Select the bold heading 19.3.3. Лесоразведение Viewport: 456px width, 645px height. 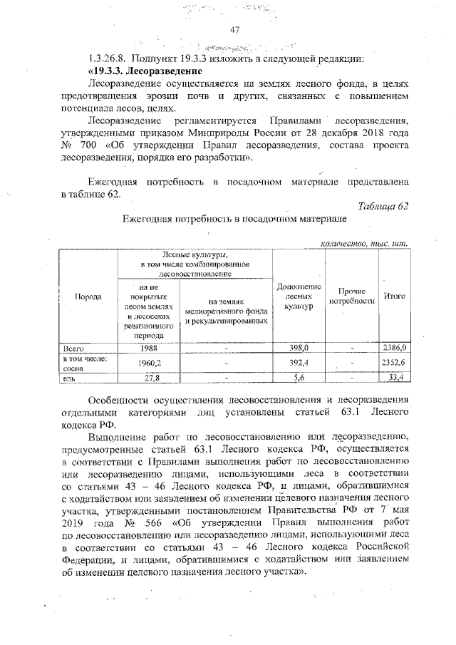(145, 71)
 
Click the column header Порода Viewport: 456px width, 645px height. (89, 296)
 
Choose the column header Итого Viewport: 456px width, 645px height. (394, 296)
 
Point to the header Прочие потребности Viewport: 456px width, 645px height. (352, 296)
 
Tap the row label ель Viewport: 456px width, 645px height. (68, 378)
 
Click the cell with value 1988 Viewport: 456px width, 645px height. (149, 348)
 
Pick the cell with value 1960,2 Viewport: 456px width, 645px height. (149, 363)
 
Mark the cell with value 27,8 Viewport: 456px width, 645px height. (149, 378)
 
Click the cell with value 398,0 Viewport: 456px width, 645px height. (299, 348)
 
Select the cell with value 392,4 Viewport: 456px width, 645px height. (299, 363)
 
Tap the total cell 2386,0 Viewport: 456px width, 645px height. (394, 348)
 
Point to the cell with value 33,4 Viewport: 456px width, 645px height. (395, 378)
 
